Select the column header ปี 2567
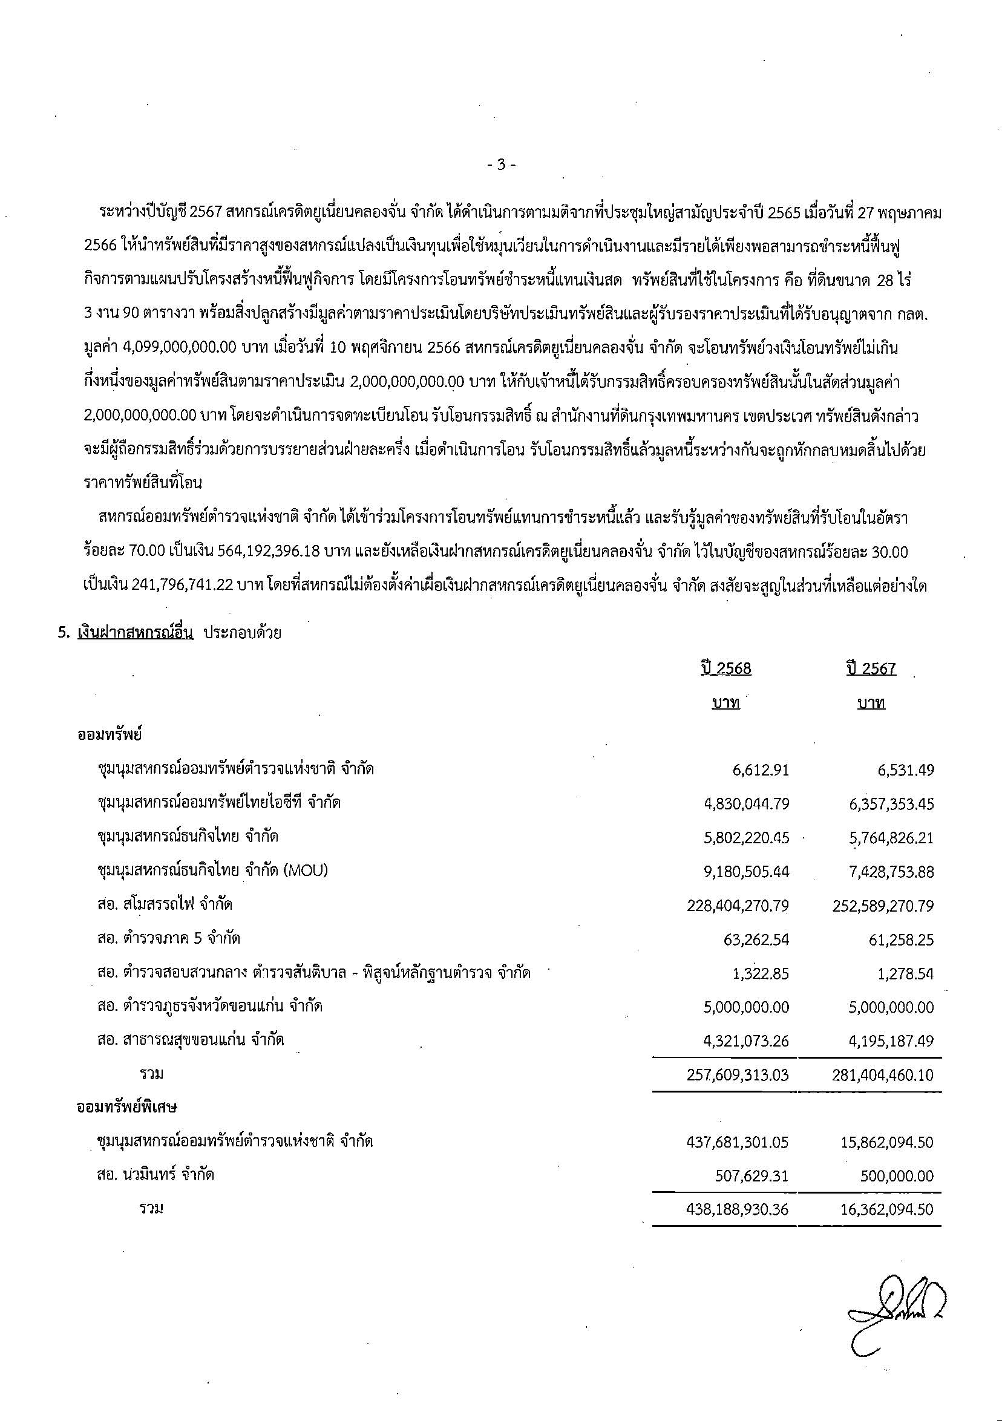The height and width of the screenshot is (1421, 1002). (871, 668)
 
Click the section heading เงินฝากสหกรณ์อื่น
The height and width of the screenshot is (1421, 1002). (136, 633)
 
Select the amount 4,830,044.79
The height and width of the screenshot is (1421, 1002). (747, 804)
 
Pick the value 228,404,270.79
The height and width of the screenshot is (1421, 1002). (738, 906)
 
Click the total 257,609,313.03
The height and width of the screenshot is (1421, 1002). (738, 1074)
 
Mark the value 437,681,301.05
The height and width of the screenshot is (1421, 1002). (738, 1142)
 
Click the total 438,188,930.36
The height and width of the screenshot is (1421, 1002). (738, 1209)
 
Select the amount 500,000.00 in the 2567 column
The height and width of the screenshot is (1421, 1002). (897, 1176)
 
